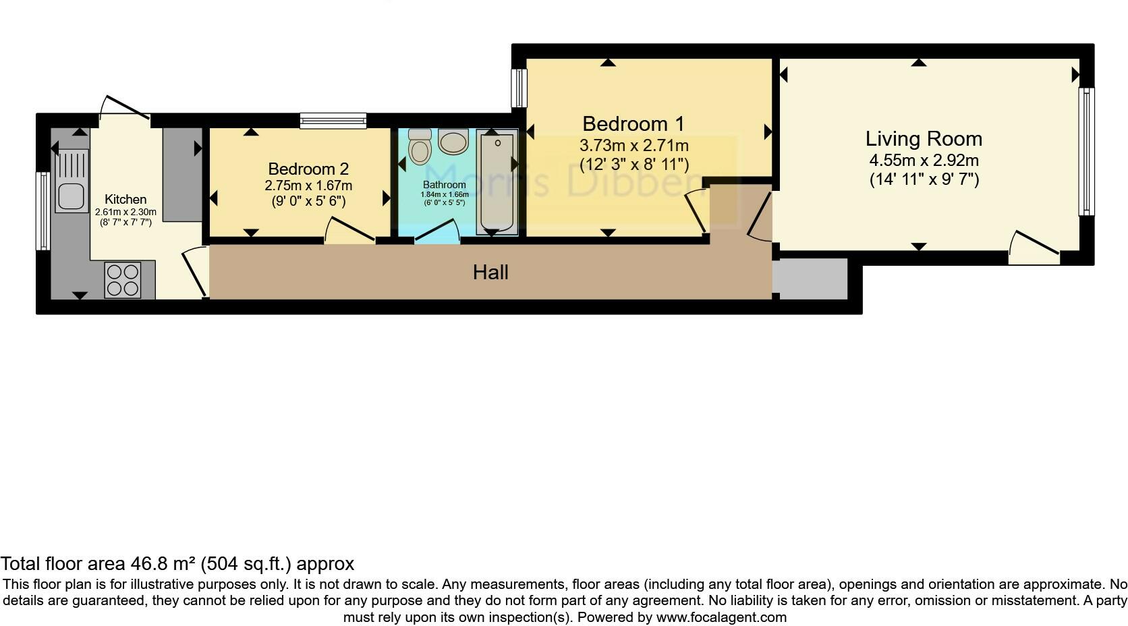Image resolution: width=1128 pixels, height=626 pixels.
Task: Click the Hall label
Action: pyautogui.click(x=490, y=273)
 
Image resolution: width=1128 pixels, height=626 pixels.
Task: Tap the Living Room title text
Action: pyautogui.click(x=924, y=139)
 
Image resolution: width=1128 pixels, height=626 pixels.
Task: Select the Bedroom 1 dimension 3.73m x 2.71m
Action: pyautogui.click(x=633, y=146)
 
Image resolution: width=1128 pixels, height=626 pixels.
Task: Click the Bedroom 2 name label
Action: pyautogui.click(x=308, y=169)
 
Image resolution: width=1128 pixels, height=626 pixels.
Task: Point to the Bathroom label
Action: pyautogui.click(x=444, y=185)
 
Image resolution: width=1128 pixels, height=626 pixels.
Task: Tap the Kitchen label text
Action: pyautogui.click(x=125, y=200)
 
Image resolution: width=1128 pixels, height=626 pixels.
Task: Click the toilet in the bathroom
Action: pyautogui.click(x=420, y=147)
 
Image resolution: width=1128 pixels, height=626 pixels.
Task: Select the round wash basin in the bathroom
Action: pyautogui.click(x=453, y=142)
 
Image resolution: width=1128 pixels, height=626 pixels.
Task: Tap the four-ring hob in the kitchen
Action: pyautogui.click(x=123, y=280)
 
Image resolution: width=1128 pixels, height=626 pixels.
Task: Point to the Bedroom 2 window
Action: pyautogui.click(x=333, y=121)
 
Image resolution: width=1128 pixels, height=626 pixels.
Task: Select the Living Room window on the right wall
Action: pyautogui.click(x=1086, y=151)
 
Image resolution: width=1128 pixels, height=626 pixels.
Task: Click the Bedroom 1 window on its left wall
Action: pyautogui.click(x=519, y=88)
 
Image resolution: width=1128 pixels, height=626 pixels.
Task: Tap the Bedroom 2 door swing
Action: pyautogui.click(x=349, y=230)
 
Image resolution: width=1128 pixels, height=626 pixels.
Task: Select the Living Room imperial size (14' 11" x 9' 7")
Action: pyautogui.click(x=924, y=179)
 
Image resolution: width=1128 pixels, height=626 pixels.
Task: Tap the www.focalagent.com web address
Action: pyautogui.click(x=721, y=617)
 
